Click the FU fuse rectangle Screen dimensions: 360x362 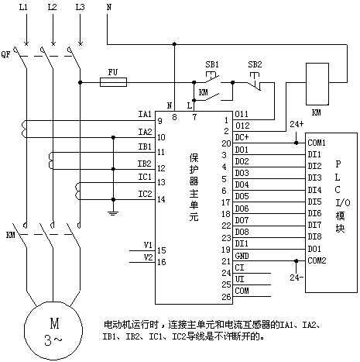113,82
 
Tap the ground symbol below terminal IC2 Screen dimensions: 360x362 113,213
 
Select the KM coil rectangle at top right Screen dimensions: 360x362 317,84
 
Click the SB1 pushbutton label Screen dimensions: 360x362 212,64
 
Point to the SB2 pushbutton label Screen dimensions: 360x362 255,64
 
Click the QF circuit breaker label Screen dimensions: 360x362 6,54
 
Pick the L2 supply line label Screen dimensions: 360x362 52,7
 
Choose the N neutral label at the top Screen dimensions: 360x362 109,7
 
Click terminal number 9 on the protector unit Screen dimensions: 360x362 160,121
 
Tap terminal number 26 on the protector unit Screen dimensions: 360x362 226,297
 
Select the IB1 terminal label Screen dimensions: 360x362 145,147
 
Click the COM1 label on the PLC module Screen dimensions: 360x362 317,143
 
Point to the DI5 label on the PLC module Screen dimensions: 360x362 314,202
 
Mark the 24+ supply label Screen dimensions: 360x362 297,124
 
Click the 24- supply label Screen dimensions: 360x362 297,278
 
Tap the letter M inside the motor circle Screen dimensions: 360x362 54,323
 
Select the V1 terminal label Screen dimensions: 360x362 148,245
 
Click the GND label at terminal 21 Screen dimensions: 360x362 242,256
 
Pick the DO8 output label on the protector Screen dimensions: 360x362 242,232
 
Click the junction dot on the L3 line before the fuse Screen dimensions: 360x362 80,82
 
